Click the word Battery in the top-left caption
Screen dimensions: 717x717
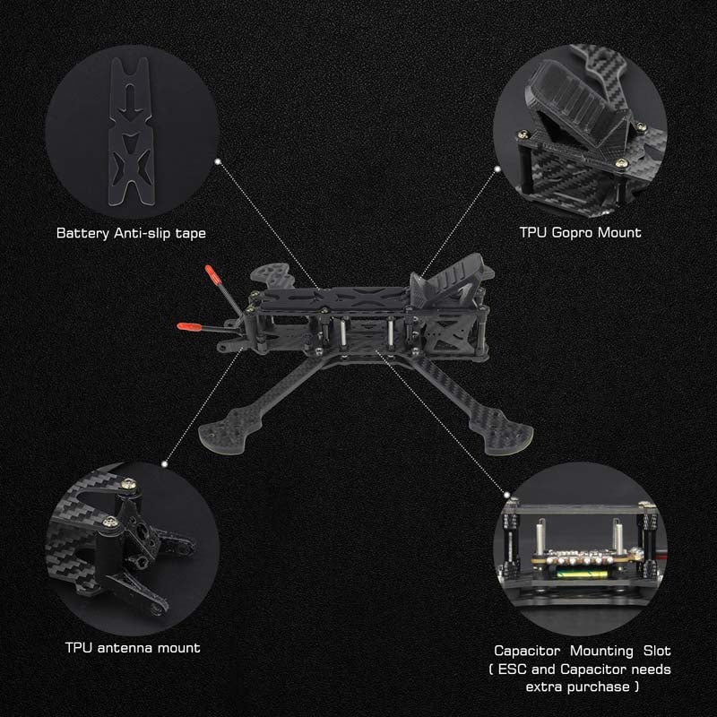(x=82, y=234)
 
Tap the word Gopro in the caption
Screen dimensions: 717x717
(x=573, y=233)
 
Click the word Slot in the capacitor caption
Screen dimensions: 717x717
(x=657, y=651)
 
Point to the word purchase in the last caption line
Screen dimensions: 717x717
(x=600, y=687)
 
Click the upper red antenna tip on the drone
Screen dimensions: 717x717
(x=211, y=272)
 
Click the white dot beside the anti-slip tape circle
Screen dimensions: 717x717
(x=218, y=161)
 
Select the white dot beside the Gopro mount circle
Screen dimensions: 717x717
(x=497, y=169)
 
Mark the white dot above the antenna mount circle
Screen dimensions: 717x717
(x=165, y=464)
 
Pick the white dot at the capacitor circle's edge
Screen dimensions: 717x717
(x=506, y=495)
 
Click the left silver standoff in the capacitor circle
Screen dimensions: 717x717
(x=541, y=536)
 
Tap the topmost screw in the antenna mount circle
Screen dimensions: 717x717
(x=129, y=483)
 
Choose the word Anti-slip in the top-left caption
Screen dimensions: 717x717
(x=143, y=234)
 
